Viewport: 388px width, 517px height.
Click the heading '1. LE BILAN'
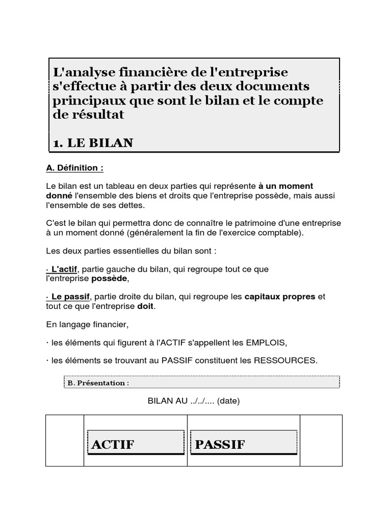93,143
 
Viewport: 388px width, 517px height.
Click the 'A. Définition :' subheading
74,168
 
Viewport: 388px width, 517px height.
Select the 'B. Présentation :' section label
98,383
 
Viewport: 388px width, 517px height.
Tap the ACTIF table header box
135,443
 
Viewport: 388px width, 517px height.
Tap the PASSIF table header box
243,443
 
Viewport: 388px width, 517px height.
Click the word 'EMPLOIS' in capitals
267,343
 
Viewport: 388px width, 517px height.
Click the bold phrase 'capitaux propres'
280,297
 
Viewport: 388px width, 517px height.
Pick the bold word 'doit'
145,306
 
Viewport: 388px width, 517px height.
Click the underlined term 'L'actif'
63,269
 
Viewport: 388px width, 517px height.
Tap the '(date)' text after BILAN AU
229,402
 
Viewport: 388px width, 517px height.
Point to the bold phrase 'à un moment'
289,186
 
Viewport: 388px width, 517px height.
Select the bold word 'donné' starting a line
59,195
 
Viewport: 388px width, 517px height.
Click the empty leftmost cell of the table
65,441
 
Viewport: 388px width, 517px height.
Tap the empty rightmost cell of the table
321,441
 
